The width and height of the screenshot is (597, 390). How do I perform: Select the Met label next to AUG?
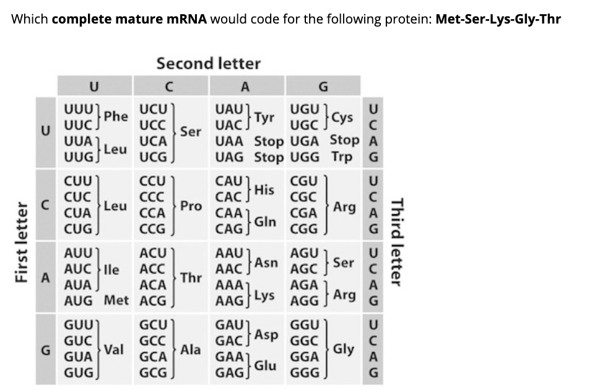point(116,301)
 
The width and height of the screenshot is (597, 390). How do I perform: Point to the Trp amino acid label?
point(341,157)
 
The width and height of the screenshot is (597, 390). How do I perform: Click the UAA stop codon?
point(230,140)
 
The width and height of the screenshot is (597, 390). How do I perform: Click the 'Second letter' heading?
point(209,63)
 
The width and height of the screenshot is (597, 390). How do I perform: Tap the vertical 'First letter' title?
point(24,243)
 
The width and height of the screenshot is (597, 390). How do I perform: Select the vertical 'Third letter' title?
point(398,243)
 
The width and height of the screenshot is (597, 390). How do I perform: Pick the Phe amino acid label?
point(116,116)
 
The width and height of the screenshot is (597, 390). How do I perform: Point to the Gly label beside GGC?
point(344,349)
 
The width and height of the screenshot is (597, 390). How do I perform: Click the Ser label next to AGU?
point(343,262)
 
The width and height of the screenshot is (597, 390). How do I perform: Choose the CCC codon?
point(152,197)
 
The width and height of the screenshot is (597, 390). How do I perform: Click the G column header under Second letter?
point(323,85)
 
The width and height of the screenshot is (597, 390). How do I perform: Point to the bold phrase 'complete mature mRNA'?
point(130,19)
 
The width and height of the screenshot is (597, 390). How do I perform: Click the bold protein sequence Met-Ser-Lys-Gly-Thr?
point(499,19)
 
